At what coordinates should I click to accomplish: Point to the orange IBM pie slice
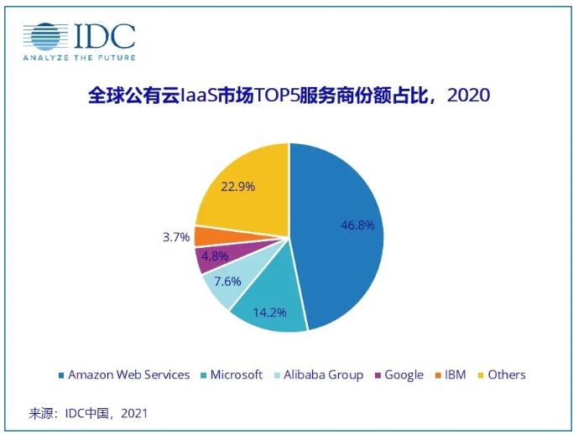[204, 236]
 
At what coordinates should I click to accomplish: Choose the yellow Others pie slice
[243, 193]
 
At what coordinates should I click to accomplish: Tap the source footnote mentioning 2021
[88, 413]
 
